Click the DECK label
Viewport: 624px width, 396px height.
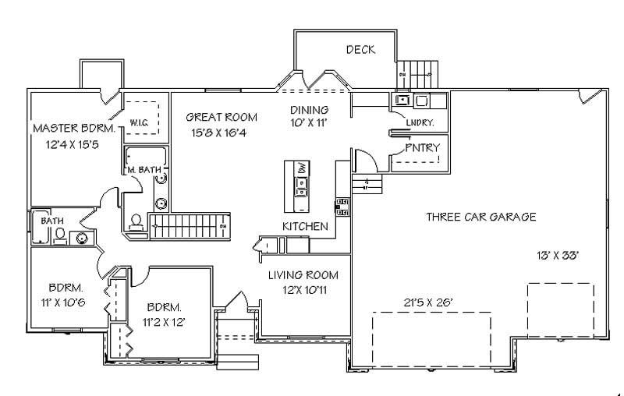(360, 50)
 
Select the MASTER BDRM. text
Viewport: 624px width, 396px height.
(74, 127)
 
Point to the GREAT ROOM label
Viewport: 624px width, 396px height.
(221, 117)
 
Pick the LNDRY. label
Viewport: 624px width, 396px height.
(420, 122)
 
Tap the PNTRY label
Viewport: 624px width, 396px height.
(422, 147)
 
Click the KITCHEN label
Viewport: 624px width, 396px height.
(304, 226)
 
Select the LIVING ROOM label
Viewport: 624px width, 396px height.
(303, 275)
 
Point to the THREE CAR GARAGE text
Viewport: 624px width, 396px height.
(480, 217)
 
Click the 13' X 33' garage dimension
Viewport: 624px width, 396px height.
(556, 255)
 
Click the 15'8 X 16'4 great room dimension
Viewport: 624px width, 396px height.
(221, 133)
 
